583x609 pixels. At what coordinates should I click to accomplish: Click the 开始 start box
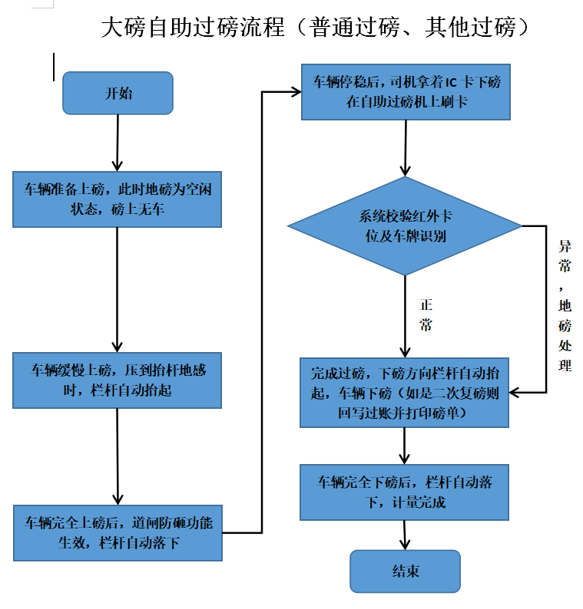pyautogui.click(x=118, y=93)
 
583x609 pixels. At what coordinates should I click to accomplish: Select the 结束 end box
pyautogui.click(x=405, y=571)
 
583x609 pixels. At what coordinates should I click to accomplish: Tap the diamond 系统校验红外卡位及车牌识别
pyautogui.click(x=406, y=226)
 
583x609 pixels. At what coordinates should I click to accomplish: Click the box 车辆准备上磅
pyautogui.click(x=118, y=199)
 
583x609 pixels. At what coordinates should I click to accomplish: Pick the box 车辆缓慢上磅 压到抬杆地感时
pyautogui.click(x=118, y=380)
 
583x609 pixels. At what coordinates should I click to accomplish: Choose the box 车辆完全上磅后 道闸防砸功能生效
pyautogui.click(x=118, y=532)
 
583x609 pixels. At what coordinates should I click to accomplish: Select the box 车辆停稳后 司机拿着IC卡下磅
pyautogui.click(x=406, y=92)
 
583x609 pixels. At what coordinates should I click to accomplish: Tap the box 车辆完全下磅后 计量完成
pyautogui.click(x=405, y=492)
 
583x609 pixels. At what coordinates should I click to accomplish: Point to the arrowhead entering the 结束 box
pyautogui.click(x=405, y=544)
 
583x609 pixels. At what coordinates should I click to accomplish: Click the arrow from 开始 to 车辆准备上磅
pyautogui.click(x=117, y=142)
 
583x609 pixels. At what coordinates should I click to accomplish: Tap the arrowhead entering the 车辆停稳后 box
pyautogui.click(x=295, y=92)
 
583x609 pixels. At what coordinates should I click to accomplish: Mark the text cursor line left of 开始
pyautogui.click(x=54, y=67)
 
